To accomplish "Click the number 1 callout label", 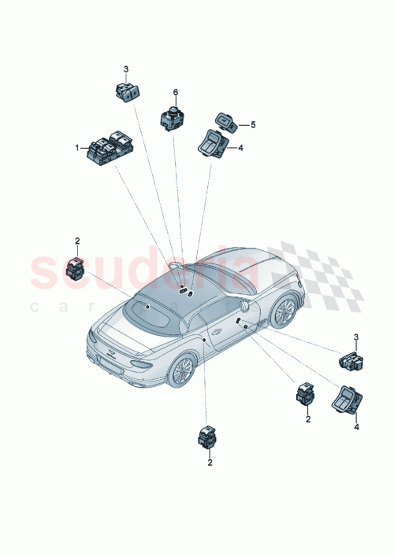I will click(x=77, y=147).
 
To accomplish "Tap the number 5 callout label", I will click(x=253, y=124).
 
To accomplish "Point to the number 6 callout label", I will click(x=176, y=93).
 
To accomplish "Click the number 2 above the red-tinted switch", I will click(x=77, y=241).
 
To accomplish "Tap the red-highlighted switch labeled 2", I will click(x=78, y=269).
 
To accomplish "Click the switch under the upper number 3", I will click(x=125, y=92).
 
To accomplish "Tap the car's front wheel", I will click(x=284, y=311).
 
